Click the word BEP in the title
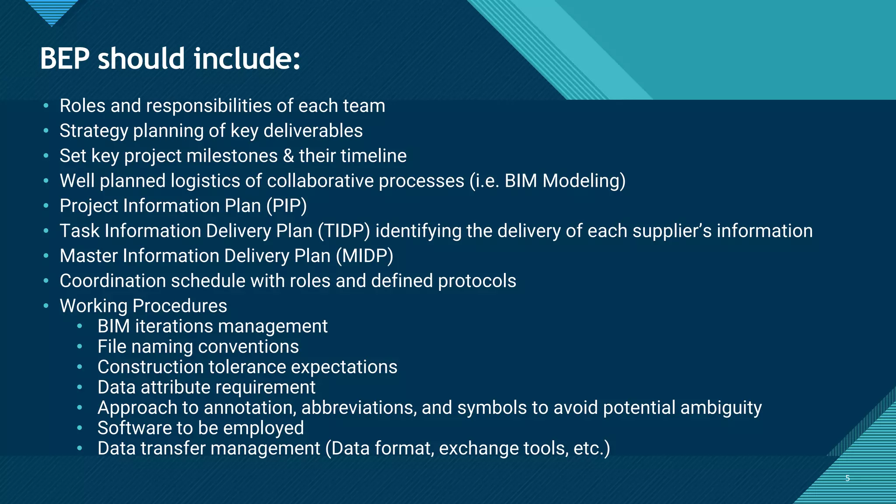(x=65, y=59)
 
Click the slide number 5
(x=847, y=478)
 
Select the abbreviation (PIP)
(x=287, y=206)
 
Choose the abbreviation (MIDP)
(x=364, y=256)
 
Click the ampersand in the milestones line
(x=288, y=156)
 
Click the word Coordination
(x=112, y=281)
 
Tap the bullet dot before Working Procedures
(x=46, y=306)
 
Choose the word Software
(x=134, y=428)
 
